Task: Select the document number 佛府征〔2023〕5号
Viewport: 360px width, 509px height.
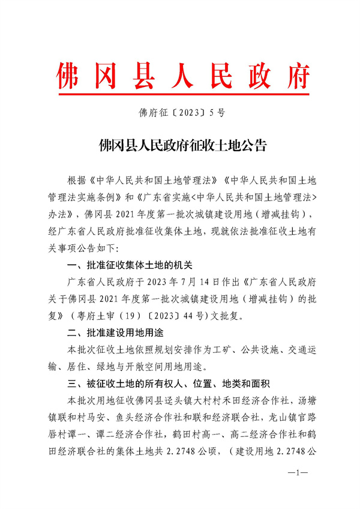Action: click(180, 112)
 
